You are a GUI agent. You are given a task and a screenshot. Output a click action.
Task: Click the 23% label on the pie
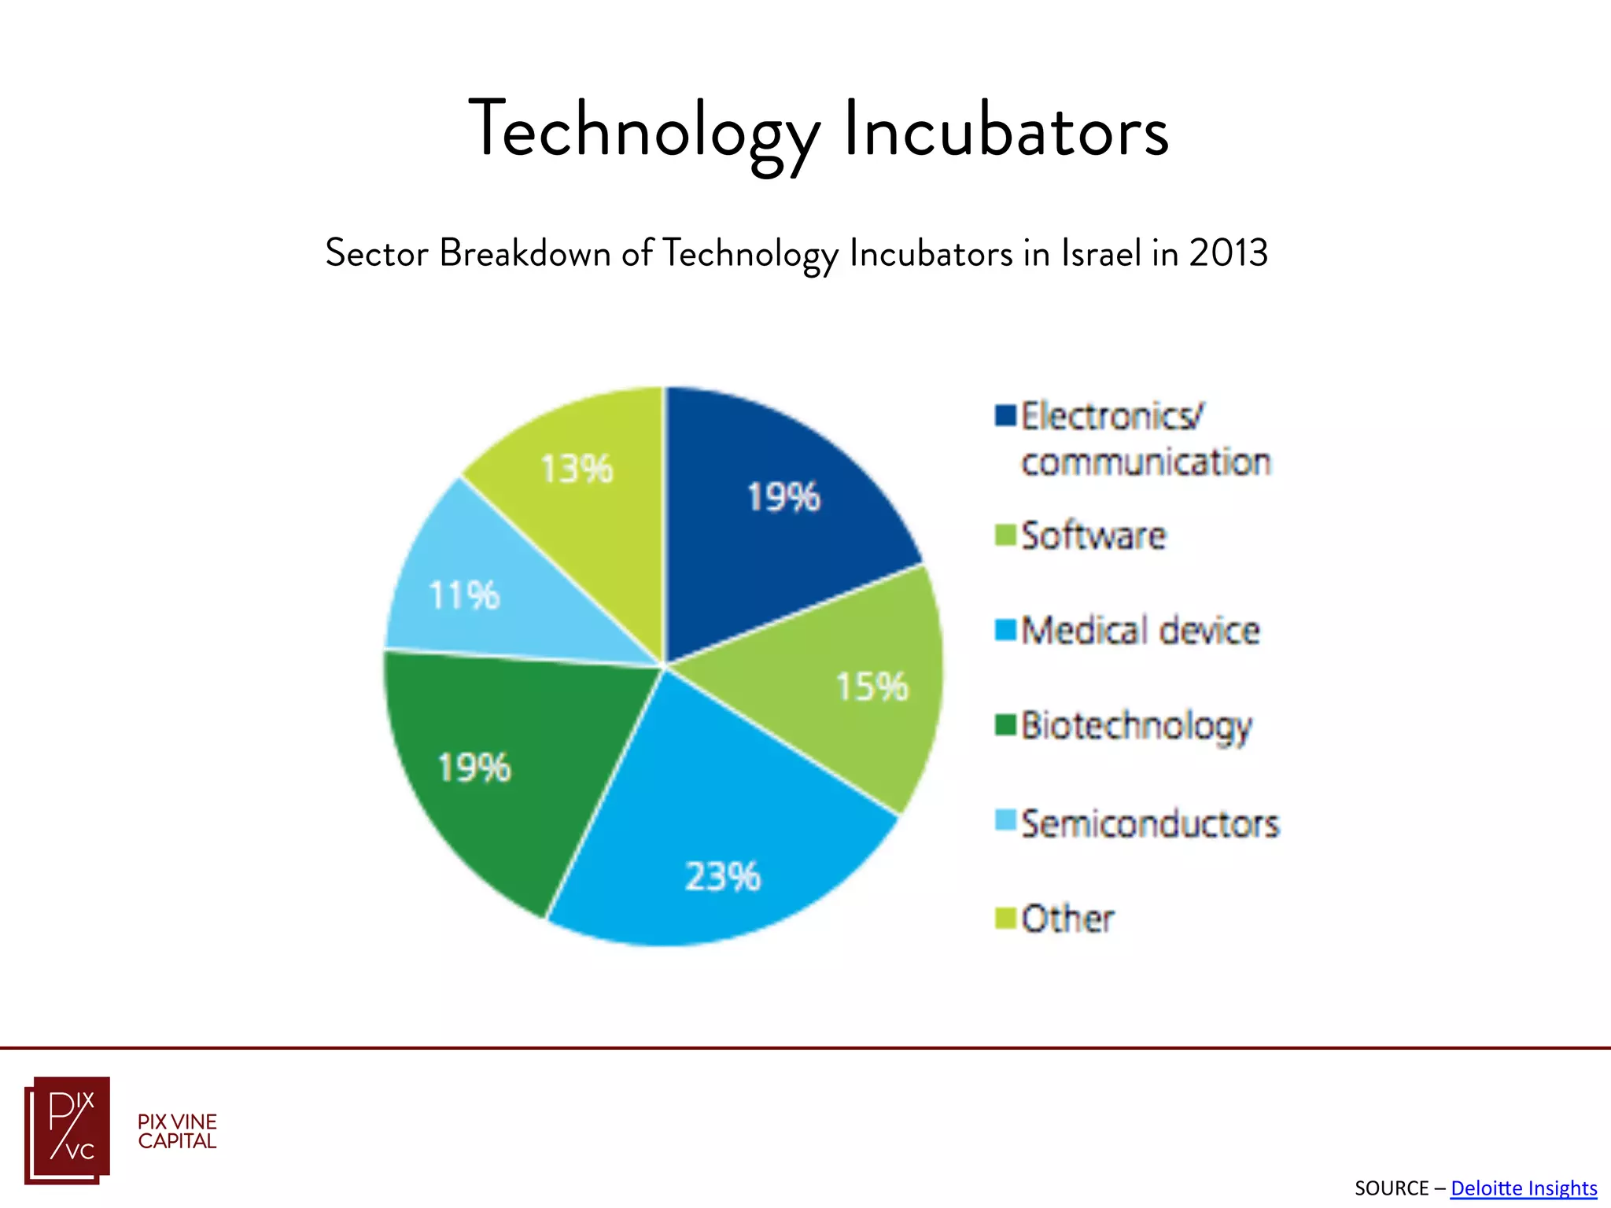(x=722, y=876)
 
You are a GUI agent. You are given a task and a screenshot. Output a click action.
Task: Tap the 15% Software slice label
(x=871, y=687)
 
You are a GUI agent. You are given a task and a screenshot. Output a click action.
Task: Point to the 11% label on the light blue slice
(x=463, y=595)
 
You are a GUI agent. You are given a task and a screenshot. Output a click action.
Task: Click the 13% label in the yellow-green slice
(x=576, y=470)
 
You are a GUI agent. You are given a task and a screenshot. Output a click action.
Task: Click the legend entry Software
(x=1093, y=536)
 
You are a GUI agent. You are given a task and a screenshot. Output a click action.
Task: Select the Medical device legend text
(x=1140, y=631)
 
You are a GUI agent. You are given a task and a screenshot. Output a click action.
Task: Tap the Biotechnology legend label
(x=1136, y=726)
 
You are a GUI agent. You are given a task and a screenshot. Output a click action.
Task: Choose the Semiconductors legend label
(x=1149, y=824)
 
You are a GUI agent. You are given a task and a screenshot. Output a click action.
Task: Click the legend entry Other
(x=1067, y=919)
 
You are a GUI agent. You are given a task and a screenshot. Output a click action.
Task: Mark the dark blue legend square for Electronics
(x=1005, y=415)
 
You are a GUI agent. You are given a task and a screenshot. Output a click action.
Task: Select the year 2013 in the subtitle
(x=1228, y=253)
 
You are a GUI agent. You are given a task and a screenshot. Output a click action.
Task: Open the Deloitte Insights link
(x=1523, y=1188)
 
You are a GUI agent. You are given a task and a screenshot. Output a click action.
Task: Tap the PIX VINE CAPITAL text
(x=177, y=1132)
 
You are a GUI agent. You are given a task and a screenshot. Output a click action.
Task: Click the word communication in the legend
(x=1145, y=462)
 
